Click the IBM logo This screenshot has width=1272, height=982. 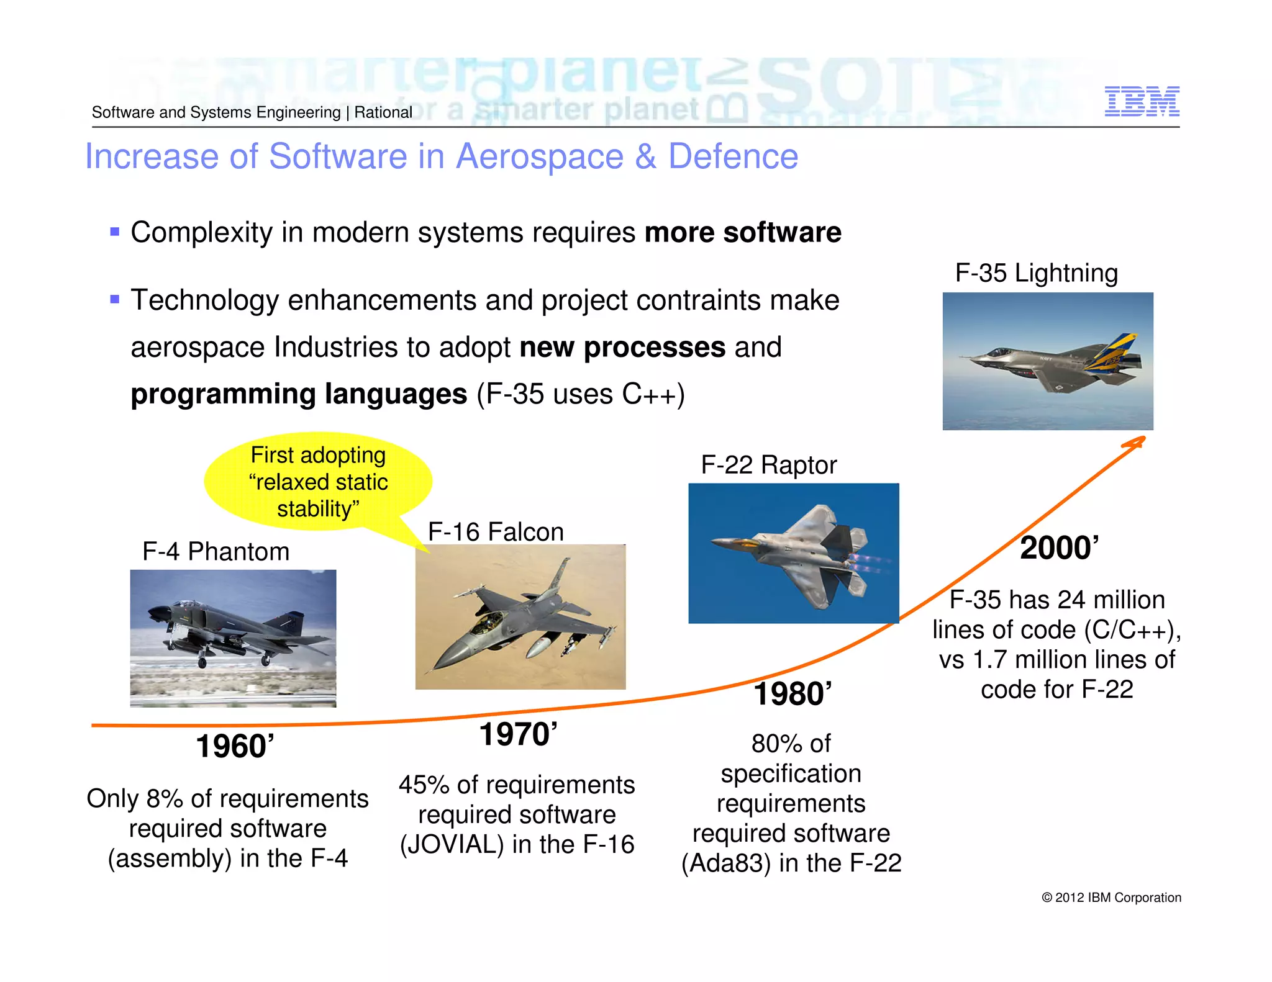click(x=1142, y=101)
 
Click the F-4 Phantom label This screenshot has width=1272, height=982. click(x=216, y=551)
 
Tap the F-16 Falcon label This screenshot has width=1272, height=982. click(x=496, y=532)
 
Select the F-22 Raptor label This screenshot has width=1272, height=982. click(x=768, y=465)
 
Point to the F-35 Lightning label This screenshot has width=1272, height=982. click(x=1036, y=273)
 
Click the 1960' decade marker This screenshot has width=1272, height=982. click(x=235, y=746)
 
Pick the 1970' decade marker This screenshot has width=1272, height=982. click(x=518, y=734)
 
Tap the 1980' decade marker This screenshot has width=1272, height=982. click(x=792, y=694)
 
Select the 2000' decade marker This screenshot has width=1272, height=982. click(x=1059, y=548)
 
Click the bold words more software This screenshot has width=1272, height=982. click(x=743, y=233)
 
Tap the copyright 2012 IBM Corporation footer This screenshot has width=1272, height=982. click(x=1111, y=898)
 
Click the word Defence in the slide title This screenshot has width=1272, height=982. click(x=733, y=156)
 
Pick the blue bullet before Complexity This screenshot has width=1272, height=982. click(x=114, y=232)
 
